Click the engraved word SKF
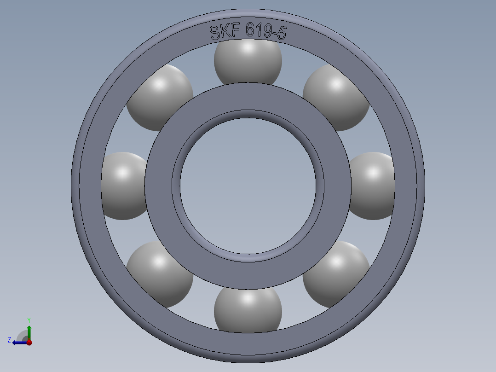click(x=225, y=32)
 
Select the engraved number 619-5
click(x=266, y=32)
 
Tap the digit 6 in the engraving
click(x=250, y=31)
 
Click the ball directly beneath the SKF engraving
click(x=248, y=62)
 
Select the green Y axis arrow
click(x=29, y=331)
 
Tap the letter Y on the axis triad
click(x=29, y=320)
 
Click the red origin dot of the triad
click(x=29, y=343)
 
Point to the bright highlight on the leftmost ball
click(x=122, y=174)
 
